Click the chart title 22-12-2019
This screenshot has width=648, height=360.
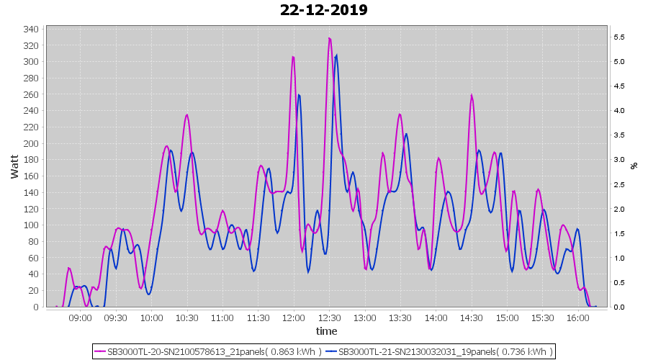tap(324, 10)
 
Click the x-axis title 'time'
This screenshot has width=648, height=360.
tap(326, 331)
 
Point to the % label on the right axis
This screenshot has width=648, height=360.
tap(634, 166)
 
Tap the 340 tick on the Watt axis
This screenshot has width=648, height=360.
tap(31, 30)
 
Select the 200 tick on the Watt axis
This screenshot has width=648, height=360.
tap(31, 143)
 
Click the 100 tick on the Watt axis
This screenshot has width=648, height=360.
tap(31, 225)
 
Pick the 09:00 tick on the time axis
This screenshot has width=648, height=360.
tap(80, 318)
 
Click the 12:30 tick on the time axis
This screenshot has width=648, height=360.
tap(329, 318)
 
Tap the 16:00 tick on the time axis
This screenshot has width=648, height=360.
tap(578, 318)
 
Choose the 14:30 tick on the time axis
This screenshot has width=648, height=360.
tap(472, 318)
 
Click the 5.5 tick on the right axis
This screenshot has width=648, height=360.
tap(618, 37)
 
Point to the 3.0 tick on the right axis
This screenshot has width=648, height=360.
tap(618, 160)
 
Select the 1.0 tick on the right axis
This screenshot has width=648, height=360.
tap(618, 258)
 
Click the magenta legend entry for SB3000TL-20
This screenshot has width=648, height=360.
tap(208, 351)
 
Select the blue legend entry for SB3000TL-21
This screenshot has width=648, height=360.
tap(439, 351)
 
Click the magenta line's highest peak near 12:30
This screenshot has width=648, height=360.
tap(329, 38)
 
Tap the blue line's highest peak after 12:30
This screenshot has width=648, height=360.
tap(336, 55)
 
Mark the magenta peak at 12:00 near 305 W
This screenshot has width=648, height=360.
tap(293, 56)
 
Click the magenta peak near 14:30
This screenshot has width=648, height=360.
tap(472, 95)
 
